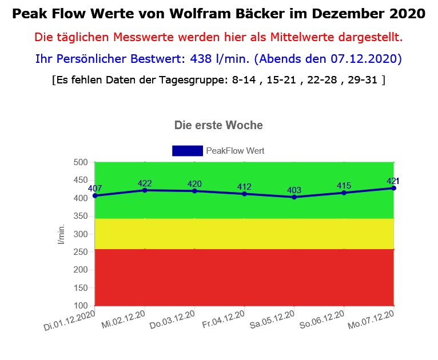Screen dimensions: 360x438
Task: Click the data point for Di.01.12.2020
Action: point(95,195)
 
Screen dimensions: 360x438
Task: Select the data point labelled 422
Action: point(145,190)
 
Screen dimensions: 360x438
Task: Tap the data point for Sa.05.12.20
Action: point(294,197)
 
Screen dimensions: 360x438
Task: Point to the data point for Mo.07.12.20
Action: point(394,188)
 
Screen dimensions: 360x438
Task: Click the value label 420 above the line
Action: point(194,183)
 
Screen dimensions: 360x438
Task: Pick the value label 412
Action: point(244,187)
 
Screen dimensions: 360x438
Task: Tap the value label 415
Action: point(344,185)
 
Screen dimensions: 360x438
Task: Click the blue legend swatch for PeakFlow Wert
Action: point(187,151)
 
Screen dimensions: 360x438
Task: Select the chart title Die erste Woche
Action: point(218,125)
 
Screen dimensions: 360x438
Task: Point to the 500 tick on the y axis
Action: point(80,162)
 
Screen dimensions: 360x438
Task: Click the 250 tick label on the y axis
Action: point(80,251)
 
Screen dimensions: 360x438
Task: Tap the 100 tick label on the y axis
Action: point(80,305)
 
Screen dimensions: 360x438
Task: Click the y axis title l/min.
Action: point(61,234)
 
